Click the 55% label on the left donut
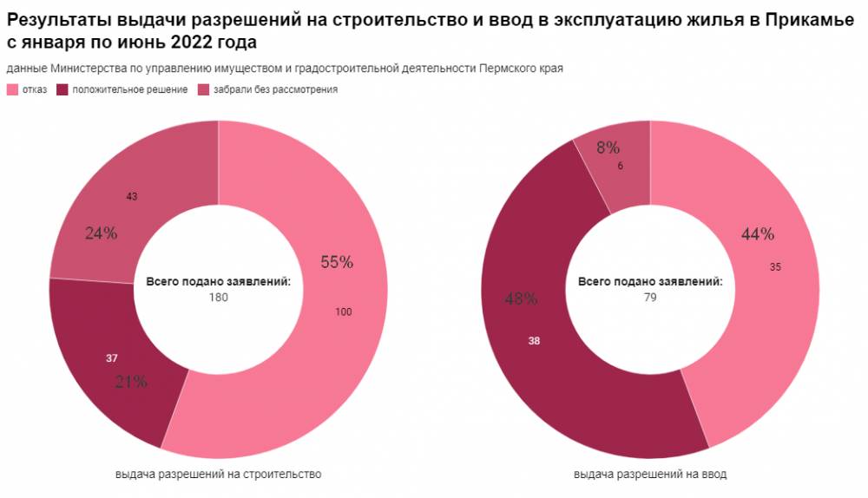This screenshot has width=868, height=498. tap(337, 262)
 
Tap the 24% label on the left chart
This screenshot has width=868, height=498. tap(101, 233)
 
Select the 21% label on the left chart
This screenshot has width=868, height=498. tap(130, 381)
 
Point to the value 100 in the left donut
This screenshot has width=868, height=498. tap(343, 311)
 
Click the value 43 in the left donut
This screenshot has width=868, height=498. tap(132, 197)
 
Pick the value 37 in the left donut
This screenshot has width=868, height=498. tap(112, 357)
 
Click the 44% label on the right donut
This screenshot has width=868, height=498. tap(758, 233)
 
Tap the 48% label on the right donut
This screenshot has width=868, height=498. tap(521, 298)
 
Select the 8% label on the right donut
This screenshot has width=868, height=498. tap(608, 147)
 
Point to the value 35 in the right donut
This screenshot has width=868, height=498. tap(776, 267)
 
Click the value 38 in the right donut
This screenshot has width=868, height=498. tap(534, 341)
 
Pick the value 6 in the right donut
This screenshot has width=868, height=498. tap(620, 166)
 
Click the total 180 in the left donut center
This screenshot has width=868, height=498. tap(218, 298)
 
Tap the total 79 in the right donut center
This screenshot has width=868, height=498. tap(650, 298)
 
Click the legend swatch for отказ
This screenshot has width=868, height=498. tap(12, 89)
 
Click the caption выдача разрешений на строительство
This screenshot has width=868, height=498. tap(218, 475)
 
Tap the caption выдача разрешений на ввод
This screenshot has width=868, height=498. tap(650, 475)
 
